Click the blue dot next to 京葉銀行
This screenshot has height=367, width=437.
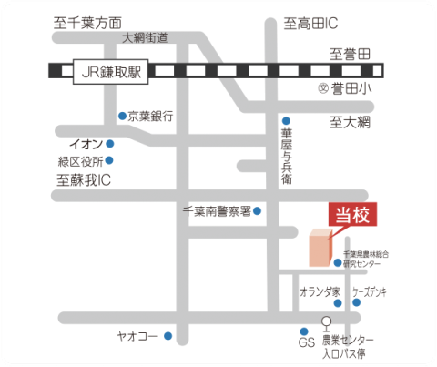123,116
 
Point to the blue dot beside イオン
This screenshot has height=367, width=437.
109,144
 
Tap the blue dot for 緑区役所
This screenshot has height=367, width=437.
109,161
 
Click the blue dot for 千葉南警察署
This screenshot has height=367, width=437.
257,211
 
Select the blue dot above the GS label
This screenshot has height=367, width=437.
304,331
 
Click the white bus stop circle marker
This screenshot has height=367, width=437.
327,320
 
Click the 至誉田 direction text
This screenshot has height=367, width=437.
351,55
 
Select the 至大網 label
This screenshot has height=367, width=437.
351,121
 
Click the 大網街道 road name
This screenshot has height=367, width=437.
145,38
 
